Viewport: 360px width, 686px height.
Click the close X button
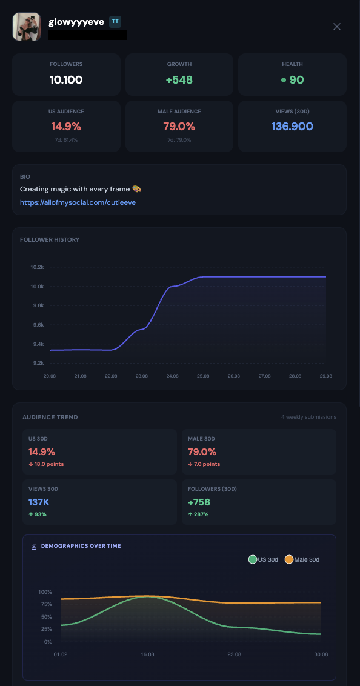point(337,27)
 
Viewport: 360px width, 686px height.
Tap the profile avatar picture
point(27,27)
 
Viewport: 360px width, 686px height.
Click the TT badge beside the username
point(115,21)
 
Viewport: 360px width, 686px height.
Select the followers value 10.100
point(66,79)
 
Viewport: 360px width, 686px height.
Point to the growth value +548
point(179,79)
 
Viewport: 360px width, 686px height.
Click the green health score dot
point(284,80)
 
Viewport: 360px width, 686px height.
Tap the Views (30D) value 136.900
point(292,127)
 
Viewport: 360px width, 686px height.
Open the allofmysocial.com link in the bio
point(78,202)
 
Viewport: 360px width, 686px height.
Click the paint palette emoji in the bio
point(137,189)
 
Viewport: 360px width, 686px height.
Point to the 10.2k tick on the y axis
point(37,267)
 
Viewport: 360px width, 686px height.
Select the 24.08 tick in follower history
point(172,376)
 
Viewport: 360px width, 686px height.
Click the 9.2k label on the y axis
point(38,363)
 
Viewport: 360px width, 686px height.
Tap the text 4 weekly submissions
point(309,417)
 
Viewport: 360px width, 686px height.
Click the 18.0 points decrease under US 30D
point(47,464)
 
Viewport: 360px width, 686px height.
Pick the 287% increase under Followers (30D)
point(198,514)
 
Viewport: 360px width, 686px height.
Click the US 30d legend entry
point(263,559)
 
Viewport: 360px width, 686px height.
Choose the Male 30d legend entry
point(302,559)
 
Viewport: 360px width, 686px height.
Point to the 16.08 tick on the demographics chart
point(147,654)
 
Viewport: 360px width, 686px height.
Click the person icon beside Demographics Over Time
point(34,547)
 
